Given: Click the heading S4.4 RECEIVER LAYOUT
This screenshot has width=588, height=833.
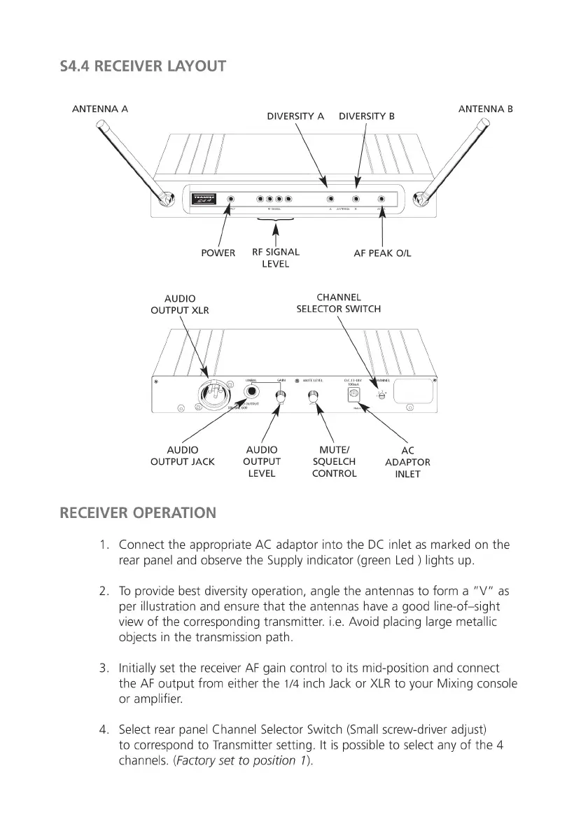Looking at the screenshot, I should (143, 66).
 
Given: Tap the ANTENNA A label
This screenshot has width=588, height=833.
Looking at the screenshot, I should (100, 109).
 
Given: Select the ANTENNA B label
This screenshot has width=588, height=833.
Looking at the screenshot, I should (485, 109).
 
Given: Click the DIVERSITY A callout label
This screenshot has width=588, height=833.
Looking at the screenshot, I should (295, 116).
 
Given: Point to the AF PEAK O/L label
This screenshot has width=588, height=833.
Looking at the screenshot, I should (382, 253).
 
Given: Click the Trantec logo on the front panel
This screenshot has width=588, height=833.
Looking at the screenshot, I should (204, 199).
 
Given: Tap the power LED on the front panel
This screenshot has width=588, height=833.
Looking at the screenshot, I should (231, 199).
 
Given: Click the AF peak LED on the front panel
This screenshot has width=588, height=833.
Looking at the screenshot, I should (381, 199).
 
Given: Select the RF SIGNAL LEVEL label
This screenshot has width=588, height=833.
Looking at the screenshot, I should (275, 258).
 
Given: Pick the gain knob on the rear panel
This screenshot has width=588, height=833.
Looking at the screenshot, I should (281, 398).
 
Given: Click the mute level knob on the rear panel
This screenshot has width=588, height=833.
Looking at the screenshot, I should (313, 398).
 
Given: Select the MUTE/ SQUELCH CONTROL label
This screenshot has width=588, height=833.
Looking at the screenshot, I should (334, 461).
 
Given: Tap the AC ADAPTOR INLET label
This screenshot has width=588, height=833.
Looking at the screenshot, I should (407, 462).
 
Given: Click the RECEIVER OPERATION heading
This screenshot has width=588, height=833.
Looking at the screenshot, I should (138, 512).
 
